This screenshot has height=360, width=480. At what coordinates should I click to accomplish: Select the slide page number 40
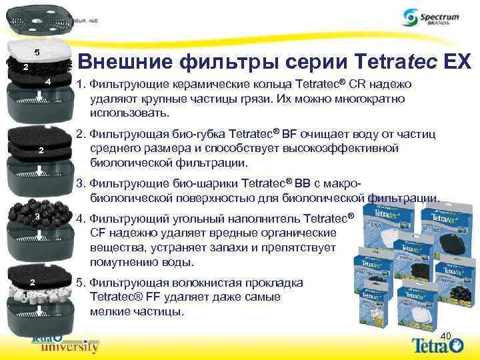pos(446,335)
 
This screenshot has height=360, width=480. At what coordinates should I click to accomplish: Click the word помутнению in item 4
pos(121,261)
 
